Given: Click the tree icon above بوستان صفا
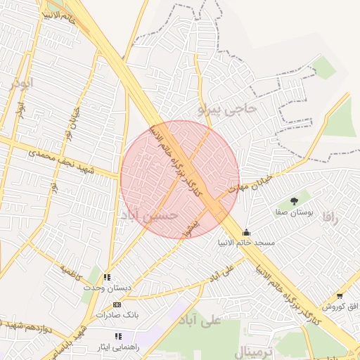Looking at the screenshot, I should [293, 202].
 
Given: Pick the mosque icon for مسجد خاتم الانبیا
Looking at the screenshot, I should [246, 232].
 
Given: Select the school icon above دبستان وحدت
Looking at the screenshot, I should [108, 278].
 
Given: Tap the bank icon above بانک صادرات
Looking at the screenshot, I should [117, 304].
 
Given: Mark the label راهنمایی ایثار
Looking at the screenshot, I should [117, 347].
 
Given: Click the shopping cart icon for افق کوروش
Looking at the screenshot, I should [340, 296].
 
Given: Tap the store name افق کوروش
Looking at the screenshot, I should [341, 307].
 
